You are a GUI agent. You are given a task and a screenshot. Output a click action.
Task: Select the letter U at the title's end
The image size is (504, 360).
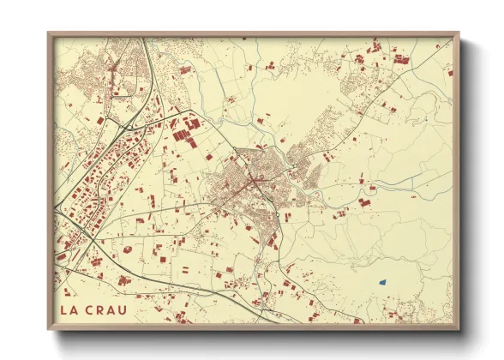[x=126, y=309]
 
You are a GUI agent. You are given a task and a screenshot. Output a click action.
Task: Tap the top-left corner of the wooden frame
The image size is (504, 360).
[x=49, y=34]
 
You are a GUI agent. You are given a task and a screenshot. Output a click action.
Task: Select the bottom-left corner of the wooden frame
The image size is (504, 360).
[x=49, y=328]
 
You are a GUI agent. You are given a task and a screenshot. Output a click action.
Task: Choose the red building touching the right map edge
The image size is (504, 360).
[x=449, y=74]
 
